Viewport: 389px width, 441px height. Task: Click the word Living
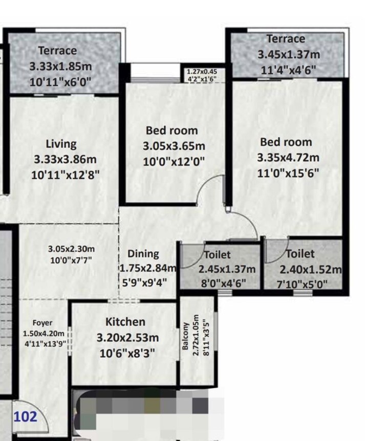click(61, 144)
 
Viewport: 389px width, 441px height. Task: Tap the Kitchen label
click(125, 322)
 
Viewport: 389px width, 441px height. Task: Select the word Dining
click(143, 254)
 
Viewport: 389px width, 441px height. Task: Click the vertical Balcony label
click(186, 336)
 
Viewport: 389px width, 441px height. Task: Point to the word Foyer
click(42, 323)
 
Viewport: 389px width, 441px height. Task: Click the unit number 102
click(25, 416)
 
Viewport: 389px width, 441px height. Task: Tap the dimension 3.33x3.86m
click(66, 159)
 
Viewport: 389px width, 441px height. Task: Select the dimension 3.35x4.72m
click(288, 157)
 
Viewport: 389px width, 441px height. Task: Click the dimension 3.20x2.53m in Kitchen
click(127, 338)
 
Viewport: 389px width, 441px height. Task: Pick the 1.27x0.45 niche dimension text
click(205, 72)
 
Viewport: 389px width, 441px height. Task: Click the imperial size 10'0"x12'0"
click(174, 162)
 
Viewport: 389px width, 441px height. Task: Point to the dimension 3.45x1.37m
click(289, 54)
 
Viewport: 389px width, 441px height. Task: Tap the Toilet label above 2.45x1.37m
click(218, 254)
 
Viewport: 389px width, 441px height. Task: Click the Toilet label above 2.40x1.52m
click(300, 254)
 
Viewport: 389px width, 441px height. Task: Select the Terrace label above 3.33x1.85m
click(57, 50)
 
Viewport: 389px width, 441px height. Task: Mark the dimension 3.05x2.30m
click(71, 249)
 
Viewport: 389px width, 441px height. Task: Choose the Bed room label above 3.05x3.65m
click(171, 131)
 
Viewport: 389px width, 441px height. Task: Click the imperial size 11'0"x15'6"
click(289, 173)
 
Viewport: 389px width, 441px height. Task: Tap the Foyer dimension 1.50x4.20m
click(45, 333)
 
